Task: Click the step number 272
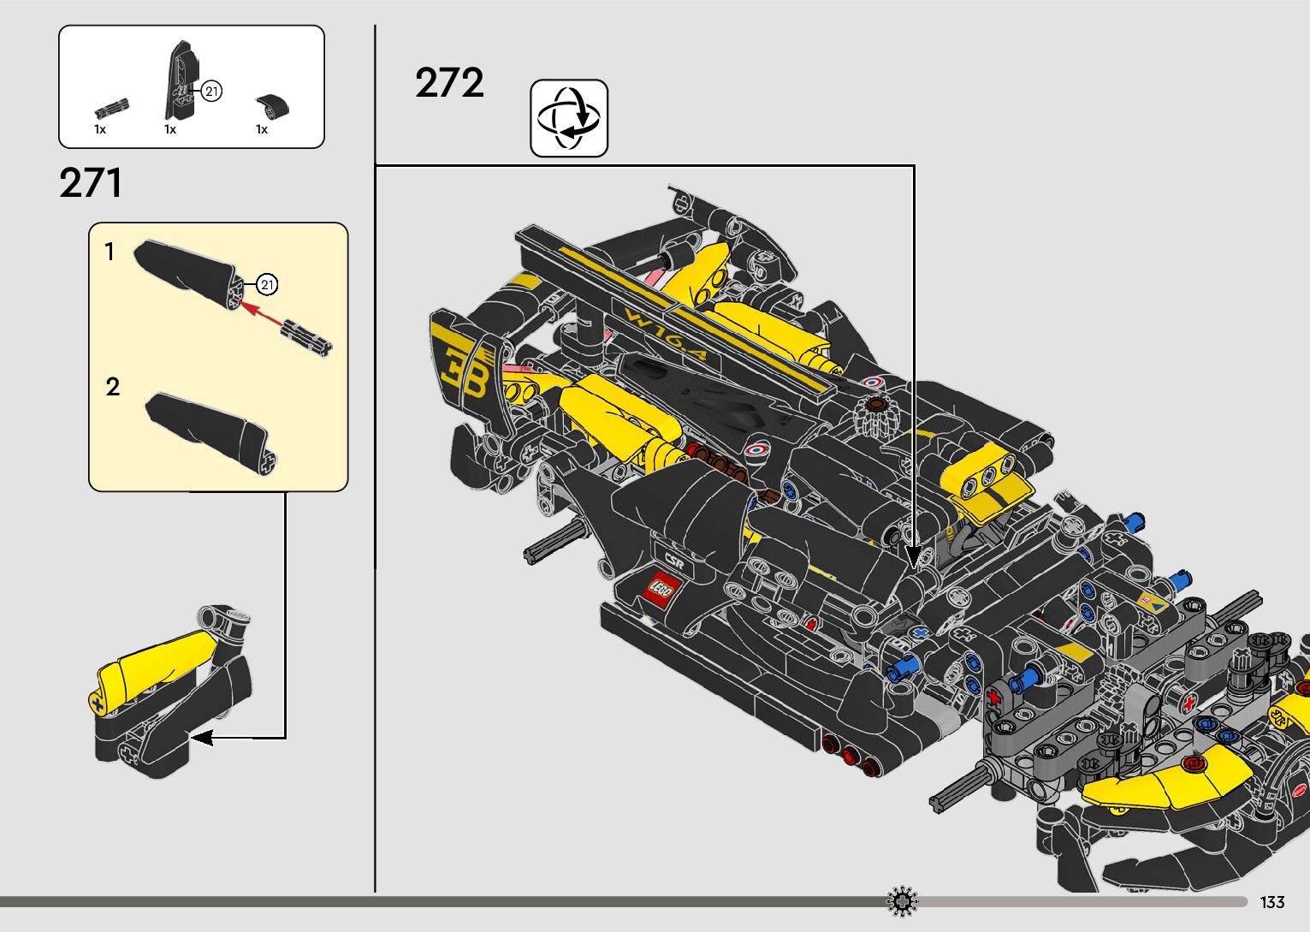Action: click(x=449, y=84)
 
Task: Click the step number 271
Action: click(x=91, y=183)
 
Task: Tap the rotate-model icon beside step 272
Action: click(x=569, y=118)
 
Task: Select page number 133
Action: click(x=1271, y=902)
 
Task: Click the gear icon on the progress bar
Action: click(x=902, y=901)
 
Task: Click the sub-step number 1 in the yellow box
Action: click(x=110, y=252)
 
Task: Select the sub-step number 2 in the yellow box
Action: click(x=112, y=387)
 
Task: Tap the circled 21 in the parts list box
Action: click(x=211, y=91)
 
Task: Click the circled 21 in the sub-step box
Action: click(x=268, y=284)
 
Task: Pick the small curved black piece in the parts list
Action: click(x=273, y=105)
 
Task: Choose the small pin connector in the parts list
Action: click(x=111, y=108)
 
